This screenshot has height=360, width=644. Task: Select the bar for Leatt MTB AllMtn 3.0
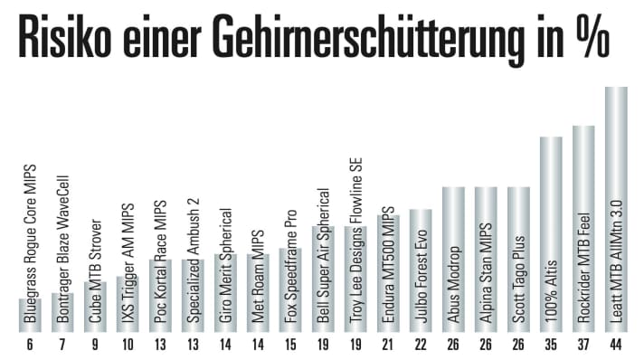point(615,208)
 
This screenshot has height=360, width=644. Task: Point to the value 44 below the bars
point(615,345)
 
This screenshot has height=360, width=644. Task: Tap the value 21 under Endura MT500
point(387,345)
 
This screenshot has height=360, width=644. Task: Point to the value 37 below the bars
point(583,345)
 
